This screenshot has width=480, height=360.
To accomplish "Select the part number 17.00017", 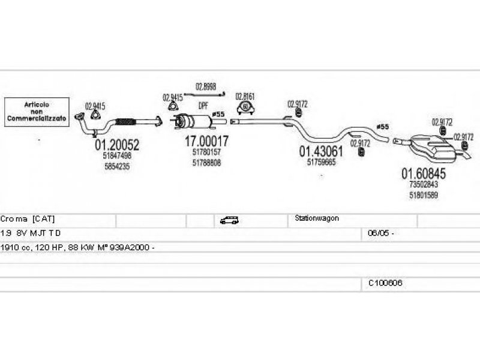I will (206, 142).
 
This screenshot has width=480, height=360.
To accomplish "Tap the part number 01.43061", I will (321, 152).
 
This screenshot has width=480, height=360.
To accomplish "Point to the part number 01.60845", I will (423, 174).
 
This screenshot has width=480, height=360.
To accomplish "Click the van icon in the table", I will (229, 220).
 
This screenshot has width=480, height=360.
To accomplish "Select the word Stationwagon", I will (317, 218).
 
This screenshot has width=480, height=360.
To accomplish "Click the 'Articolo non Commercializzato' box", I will (37, 112).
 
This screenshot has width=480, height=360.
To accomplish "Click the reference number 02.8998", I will (205, 86).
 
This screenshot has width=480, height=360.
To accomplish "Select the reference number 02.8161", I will (245, 96).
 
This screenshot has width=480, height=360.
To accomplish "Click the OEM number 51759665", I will (321, 163).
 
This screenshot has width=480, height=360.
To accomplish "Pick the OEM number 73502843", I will (423, 185).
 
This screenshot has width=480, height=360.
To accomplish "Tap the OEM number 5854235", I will (116, 165).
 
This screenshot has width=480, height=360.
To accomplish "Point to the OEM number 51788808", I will (206, 162).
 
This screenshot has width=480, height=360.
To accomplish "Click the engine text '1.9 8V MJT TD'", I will (30, 233).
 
